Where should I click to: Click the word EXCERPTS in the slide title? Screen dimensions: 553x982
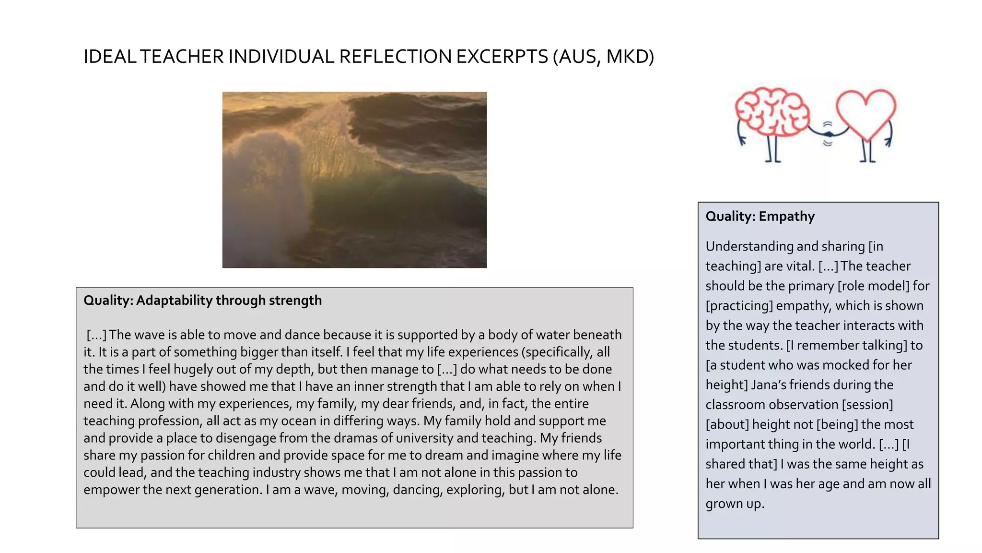(x=502, y=57)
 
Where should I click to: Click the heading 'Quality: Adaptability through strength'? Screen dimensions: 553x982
(x=203, y=301)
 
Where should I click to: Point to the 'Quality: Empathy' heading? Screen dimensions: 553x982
(x=760, y=216)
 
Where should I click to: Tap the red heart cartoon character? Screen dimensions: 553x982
(x=866, y=113)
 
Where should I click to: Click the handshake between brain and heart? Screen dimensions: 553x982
(x=828, y=134)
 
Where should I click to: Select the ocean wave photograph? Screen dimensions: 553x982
(x=354, y=180)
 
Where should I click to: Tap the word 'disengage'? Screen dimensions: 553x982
(x=245, y=438)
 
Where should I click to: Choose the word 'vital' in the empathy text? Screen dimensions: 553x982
(x=799, y=266)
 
